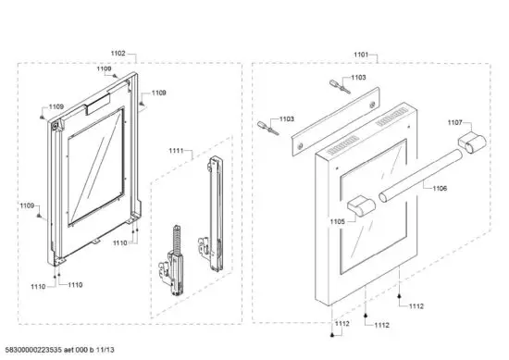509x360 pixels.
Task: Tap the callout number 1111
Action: (x=177, y=150)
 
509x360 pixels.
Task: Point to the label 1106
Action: (x=438, y=188)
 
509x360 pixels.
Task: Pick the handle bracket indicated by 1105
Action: (x=359, y=204)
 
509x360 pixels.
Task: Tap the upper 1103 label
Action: (x=357, y=78)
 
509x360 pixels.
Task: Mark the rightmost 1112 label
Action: (x=416, y=306)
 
